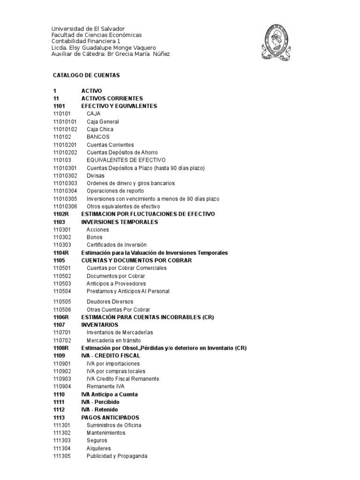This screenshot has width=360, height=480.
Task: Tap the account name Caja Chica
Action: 100,129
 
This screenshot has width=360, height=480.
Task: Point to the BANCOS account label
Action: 98,137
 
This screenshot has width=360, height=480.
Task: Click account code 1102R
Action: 61,214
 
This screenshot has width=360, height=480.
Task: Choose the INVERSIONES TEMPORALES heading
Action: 120,222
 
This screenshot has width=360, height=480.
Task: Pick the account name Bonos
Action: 94,237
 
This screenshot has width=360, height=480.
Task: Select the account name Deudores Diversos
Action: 110,302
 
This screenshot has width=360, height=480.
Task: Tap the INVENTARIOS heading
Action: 100,324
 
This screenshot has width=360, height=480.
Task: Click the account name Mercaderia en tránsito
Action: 113,340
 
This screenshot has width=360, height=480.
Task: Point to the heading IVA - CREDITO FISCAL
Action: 111,356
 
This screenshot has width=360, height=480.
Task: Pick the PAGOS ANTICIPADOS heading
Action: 110,417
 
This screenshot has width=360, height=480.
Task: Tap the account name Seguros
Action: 97,441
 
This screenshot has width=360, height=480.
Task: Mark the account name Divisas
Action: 96,175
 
